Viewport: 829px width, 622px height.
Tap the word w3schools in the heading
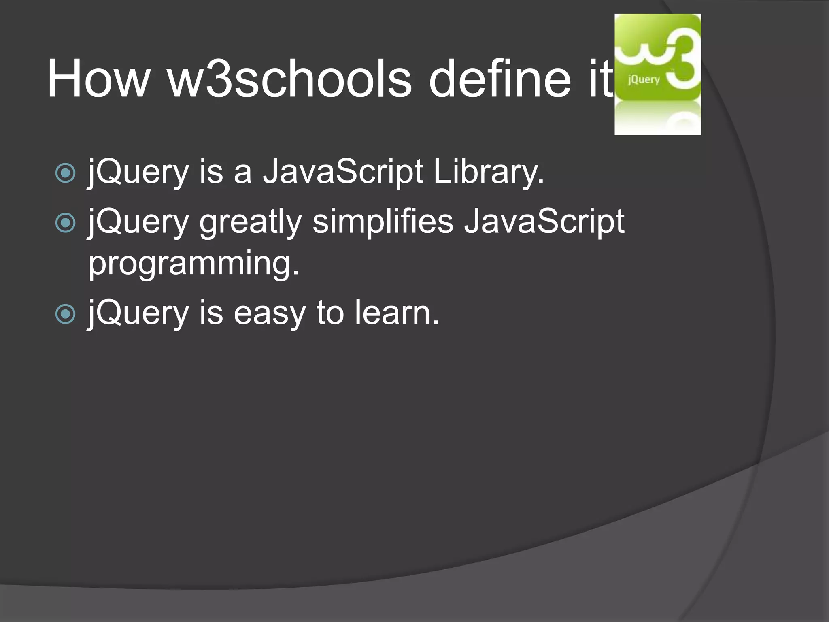(290, 79)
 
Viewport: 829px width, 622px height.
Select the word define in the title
(500, 79)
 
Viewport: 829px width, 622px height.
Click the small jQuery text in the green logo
(644, 79)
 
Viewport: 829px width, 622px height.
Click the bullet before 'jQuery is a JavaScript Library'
(65, 173)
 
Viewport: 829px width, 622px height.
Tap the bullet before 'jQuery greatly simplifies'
(65, 223)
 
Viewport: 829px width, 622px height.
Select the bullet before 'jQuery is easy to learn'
(65, 314)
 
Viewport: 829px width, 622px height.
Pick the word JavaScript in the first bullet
(343, 172)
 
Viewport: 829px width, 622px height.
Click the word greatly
(251, 222)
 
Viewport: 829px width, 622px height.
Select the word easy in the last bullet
(270, 314)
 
